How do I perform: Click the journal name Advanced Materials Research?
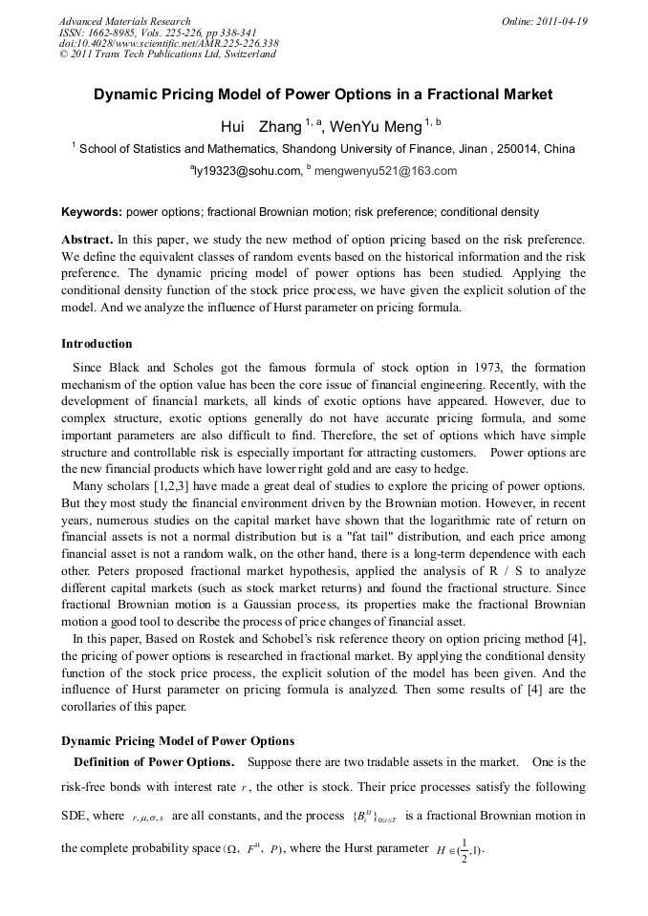tap(124, 21)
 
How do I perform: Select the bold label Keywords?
tap(92, 212)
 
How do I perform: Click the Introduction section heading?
tap(97, 344)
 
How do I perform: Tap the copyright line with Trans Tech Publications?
tap(167, 54)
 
